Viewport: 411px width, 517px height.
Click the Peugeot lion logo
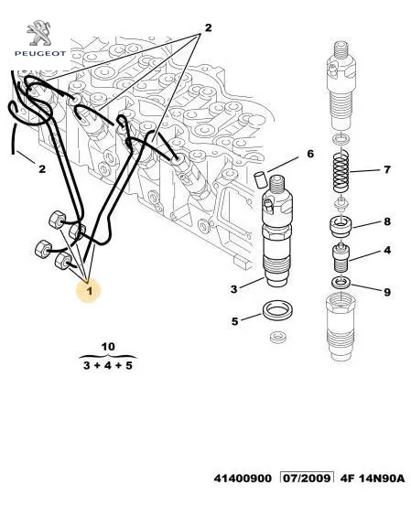click(x=39, y=33)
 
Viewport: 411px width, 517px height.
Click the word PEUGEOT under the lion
click(x=40, y=53)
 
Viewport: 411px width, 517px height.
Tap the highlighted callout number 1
click(x=89, y=291)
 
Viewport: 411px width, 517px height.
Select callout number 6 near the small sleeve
click(x=310, y=154)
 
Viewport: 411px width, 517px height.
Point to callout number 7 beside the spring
click(x=387, y=169)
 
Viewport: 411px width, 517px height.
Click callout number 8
click(x=387, y=221)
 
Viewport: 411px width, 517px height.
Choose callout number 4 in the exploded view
click(x=387, y=250)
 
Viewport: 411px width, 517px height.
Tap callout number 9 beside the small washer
click(x=387, y=292)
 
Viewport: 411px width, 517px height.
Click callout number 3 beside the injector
click(x=233, y=289)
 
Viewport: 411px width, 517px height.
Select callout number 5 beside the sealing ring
click(x=234, y=321)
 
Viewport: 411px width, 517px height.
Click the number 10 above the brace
click(x=108, y=347)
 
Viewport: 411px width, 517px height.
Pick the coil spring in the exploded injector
click(x=341, y=170)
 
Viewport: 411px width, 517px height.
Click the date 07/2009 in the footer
click(x=307, y=478)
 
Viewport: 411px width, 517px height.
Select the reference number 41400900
click(x=243, y=478)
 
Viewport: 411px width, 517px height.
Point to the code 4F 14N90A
click(x=372, y=478)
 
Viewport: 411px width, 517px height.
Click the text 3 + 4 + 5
click(x=108, y=365)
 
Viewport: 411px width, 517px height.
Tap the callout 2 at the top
click(x=208, y=28)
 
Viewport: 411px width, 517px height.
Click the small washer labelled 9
click(x=341, y=283)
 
